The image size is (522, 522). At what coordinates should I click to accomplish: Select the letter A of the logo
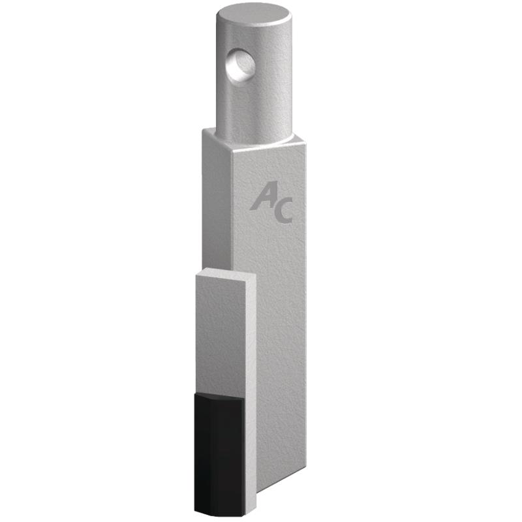pyautogui.click(x=264, y=196)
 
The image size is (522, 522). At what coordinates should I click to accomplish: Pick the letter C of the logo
pyautogui.click(x=284, y=210)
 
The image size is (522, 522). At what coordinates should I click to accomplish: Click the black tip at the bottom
pyautogui.click(x=219, y=455)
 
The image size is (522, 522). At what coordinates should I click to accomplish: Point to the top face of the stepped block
pyautogui.click(x=226, y=274)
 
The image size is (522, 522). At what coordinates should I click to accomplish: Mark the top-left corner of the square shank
pyautogui.click(x=203, y=130)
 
